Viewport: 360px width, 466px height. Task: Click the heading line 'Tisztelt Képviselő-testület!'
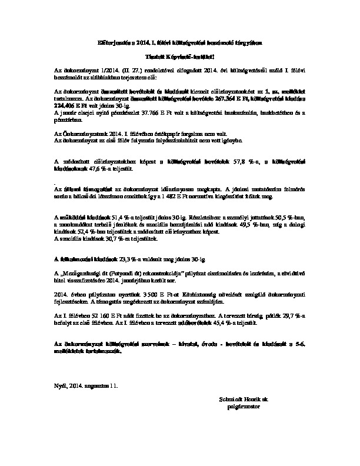(x=179, y=56)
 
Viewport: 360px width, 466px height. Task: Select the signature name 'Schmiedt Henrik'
(x=238, y=399)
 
